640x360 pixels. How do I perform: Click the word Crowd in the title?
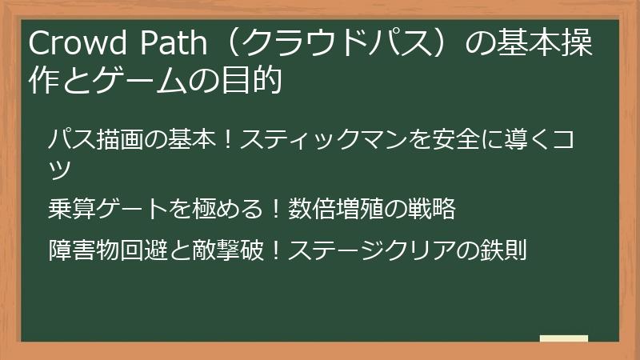coord(67,46)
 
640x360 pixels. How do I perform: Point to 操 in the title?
coord(578,46)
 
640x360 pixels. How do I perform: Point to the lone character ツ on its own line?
coord(60,170)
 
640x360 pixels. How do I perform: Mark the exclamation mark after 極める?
coord(274,210)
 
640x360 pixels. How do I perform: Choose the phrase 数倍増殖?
coord(332,210)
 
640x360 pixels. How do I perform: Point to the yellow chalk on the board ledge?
coord(563,339)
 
